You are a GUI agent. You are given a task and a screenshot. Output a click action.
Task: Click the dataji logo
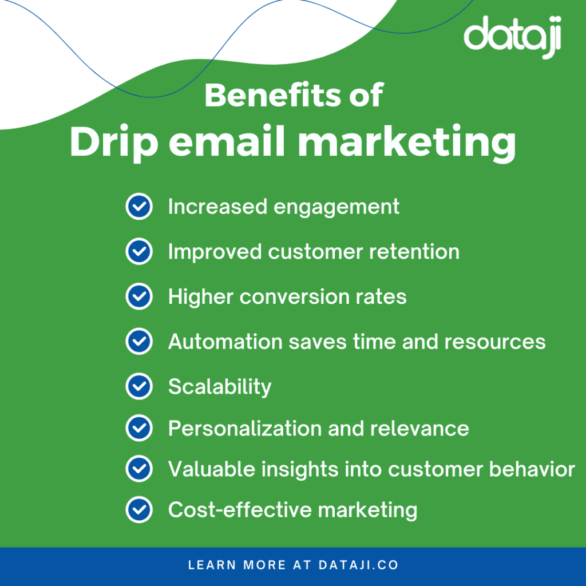coord(512,37)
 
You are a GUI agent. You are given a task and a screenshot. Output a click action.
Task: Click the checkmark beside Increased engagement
coord(138,207)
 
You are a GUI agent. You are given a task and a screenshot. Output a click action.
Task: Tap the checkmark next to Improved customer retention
coord(138,252)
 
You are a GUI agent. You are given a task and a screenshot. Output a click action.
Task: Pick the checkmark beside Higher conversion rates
coord(138,296)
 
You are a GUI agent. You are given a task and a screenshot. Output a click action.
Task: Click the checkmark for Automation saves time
coord(138,342)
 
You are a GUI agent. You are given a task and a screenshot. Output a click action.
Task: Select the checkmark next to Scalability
coord(138,386)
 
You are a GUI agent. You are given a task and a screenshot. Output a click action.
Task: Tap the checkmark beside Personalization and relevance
coord(138,428)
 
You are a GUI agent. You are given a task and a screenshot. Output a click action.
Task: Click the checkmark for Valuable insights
coord(138,469)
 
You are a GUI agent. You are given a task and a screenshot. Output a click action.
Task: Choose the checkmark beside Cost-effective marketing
coord(138,509)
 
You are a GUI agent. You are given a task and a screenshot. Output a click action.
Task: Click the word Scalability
coord(220,387)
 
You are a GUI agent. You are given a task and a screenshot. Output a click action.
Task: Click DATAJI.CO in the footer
coord(358,565)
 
